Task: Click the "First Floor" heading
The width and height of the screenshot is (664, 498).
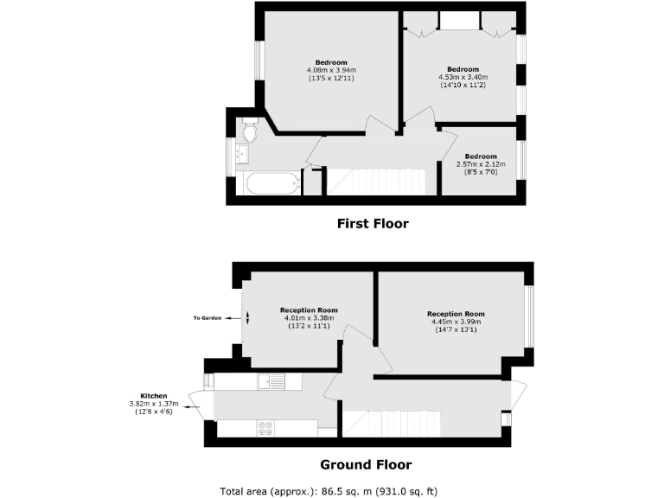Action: point(372,224)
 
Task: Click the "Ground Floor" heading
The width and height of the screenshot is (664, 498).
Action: point(366,464)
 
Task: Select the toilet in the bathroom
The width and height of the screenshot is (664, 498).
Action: point(249,132)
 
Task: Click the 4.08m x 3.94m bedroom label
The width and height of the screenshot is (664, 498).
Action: point(331,70)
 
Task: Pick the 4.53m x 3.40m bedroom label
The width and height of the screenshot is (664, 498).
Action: point(463,77)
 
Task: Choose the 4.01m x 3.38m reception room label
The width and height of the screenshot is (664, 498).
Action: point(308,318)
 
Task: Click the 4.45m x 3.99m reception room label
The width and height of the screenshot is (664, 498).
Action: point(456,322)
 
